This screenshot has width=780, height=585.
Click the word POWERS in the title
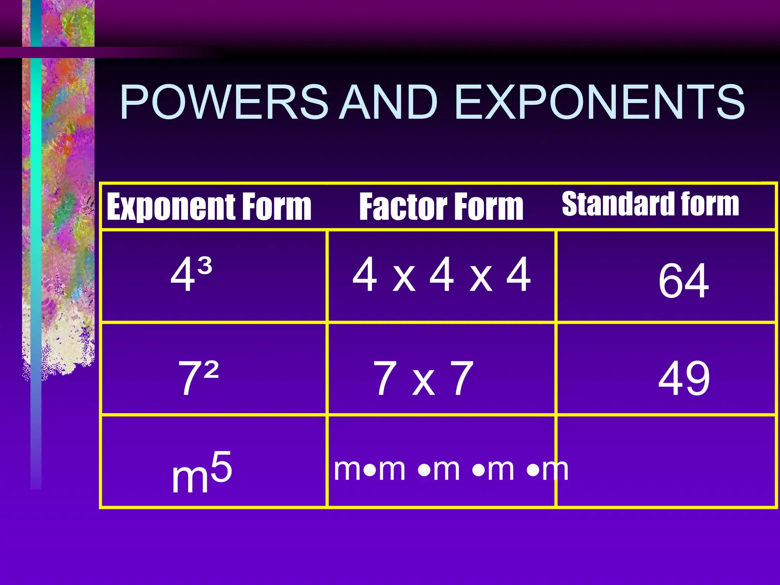click(224, 102)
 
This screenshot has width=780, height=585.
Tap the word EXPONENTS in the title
click(599, 102)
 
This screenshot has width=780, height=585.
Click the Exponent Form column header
click(209, 206)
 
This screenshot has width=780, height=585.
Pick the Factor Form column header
click(441, 206)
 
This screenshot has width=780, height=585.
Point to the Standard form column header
click(651, 204)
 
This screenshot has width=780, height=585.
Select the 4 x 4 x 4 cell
click(441, 274)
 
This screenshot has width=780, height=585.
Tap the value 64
click(684, 281)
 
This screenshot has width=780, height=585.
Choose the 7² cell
click(198, 377)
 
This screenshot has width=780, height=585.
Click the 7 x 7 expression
click(423, 378)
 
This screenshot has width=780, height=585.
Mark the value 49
click(684, 378)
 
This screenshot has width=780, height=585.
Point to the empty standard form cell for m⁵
click(667, 462)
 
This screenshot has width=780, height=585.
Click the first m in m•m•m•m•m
click(348, 469)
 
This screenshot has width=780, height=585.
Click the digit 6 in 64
click(671, 281)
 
